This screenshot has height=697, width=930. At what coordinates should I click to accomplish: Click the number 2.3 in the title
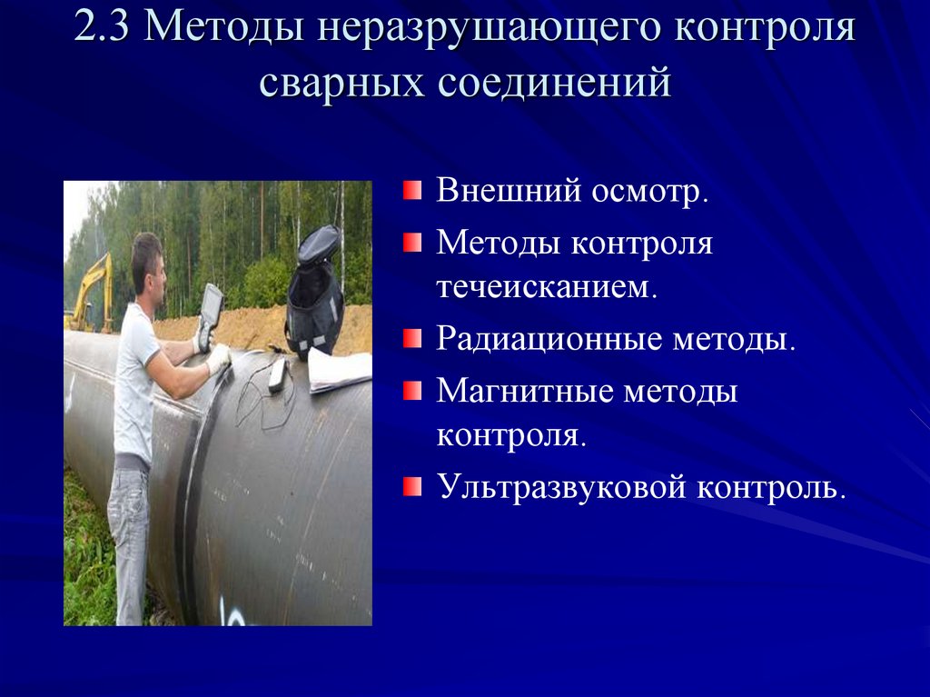pos(102,26)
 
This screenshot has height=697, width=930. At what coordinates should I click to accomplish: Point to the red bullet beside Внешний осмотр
pos(412,191)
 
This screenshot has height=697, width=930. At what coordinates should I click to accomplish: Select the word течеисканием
pos(547,287)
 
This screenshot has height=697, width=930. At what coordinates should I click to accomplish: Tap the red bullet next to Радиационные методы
pos(412,339)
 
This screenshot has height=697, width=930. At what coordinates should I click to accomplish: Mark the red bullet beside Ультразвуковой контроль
pos(412,486)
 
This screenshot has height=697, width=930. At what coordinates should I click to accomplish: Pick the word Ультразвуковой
pos(561,488)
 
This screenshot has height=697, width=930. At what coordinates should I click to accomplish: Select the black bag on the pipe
pos(315,293)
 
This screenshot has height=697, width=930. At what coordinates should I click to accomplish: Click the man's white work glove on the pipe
pos(219,359)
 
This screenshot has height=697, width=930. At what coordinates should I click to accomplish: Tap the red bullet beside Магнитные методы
pos(412,392)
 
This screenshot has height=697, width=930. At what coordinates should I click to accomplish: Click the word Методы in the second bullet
pos(500,244)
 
